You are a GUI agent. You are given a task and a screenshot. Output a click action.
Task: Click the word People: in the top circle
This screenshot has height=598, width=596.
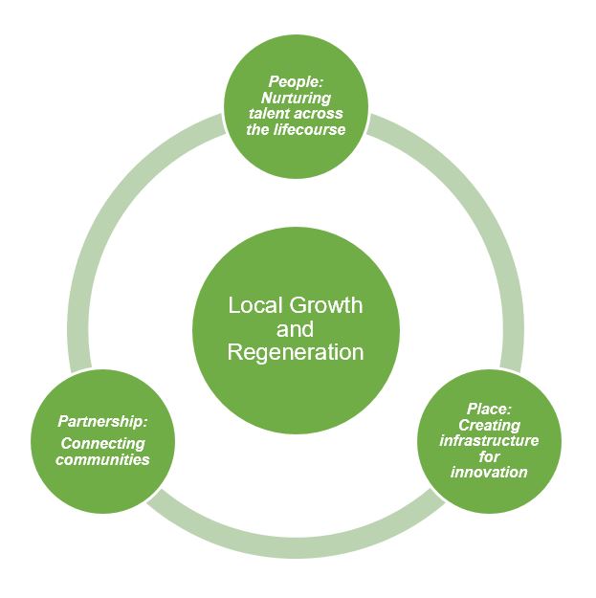295,81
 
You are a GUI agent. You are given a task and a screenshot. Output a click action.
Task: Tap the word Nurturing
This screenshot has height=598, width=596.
295,98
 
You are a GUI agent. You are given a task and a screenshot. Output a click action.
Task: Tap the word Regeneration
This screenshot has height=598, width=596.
295,352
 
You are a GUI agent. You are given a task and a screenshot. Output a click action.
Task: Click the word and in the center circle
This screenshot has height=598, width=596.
295,329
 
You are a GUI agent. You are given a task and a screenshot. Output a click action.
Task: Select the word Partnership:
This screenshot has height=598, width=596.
102,421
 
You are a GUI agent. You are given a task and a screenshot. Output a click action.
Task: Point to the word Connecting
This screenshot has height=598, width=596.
102,443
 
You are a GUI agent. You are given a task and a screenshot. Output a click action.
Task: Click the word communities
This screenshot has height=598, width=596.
102,459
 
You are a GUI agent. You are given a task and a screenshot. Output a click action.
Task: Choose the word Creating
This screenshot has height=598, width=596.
488,425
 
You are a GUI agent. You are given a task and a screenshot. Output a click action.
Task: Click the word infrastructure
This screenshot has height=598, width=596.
488,441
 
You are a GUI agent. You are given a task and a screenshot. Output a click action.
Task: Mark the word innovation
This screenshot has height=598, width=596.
488,473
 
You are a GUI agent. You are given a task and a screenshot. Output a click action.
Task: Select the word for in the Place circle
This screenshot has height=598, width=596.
488,456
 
